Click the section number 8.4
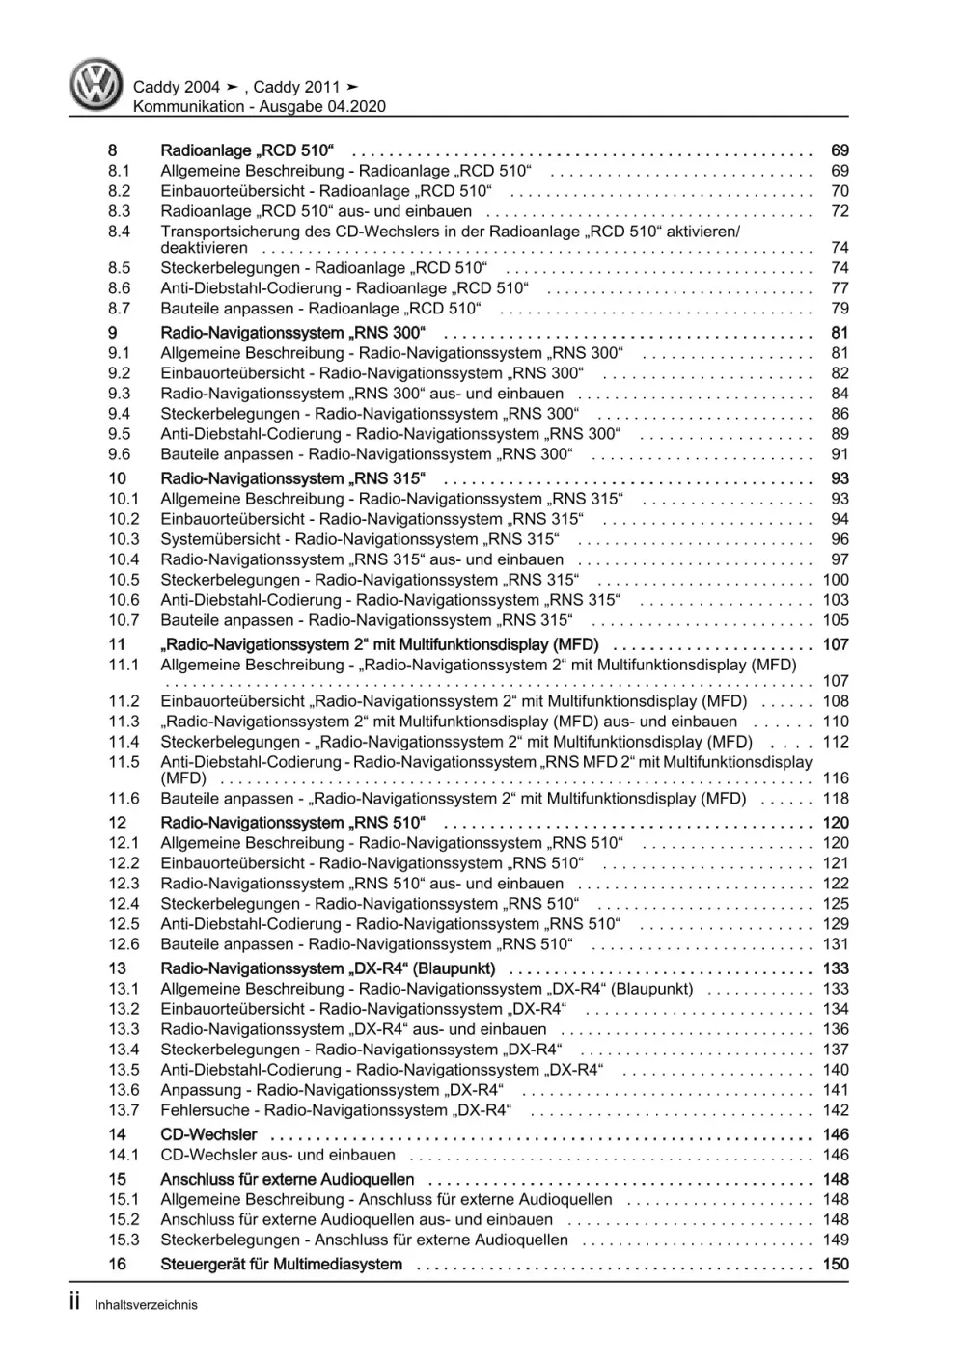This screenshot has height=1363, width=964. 120,232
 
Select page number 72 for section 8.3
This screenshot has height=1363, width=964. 840,211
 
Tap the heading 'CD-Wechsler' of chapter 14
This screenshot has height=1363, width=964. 208,1134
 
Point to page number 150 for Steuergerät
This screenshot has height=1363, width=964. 836,1264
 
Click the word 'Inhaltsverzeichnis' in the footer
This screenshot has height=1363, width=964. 146,1305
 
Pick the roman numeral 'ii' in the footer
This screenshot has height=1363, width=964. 76,1303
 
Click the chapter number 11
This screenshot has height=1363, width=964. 117,644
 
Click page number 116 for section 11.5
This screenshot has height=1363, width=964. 836,778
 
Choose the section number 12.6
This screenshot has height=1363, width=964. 124,944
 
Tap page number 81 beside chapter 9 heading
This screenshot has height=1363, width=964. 840,333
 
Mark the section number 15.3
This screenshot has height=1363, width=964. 124,1240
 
